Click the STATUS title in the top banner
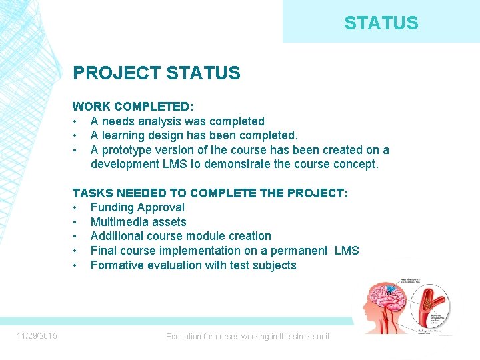click(x=381, y=23)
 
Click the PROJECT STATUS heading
click(x=156, y=73)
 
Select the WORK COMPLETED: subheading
click(x=133, y=107)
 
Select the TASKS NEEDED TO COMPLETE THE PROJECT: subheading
click(x=210, y=193)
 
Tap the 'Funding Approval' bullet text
click(x=137, y=207)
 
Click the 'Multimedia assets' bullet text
click(x=138, y=222)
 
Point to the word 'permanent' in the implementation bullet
click(x=298, y=251)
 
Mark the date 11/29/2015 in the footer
click(x=37, y=335)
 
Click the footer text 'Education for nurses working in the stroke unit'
click(x=247, y=337)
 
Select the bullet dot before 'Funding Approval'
click(x=76, y=207)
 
